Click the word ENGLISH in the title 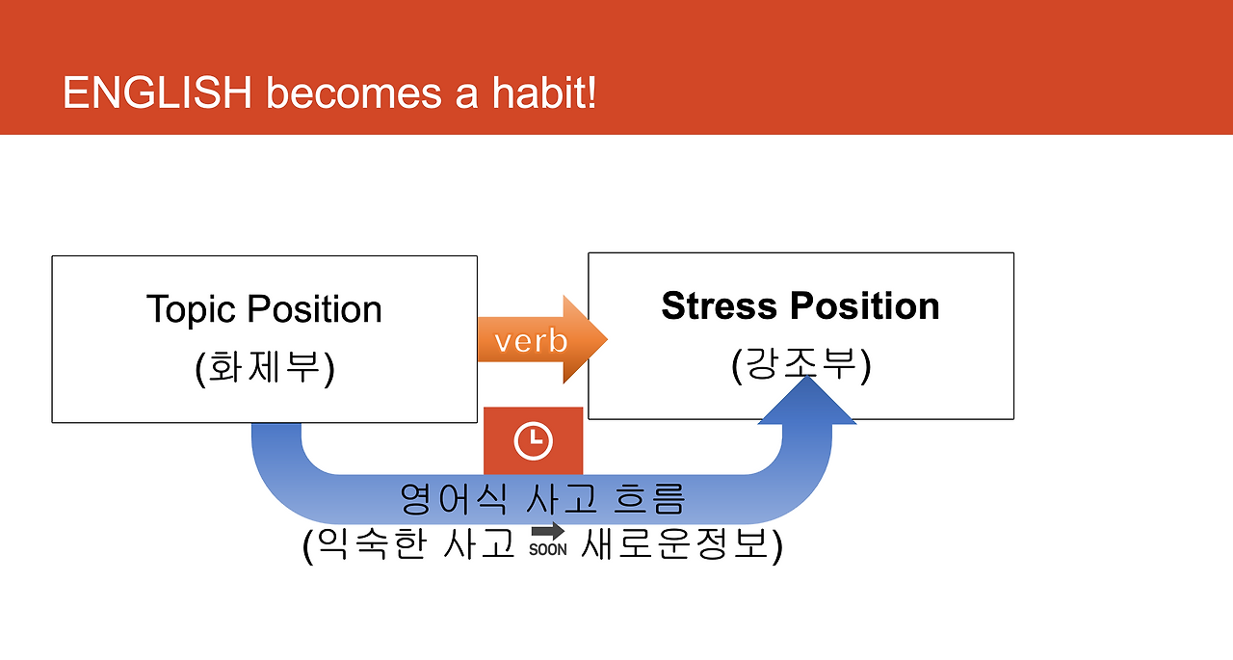[157, 92]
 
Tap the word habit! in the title [544, 92]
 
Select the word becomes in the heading [354, 92]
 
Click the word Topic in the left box [191, 310]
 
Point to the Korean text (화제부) [265, 368]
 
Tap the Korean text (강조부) [800, 364]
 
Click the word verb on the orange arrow [531, 341]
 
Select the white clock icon [533, 441]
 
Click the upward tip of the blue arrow [807, 376]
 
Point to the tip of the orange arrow [607, 339]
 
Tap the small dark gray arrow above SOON [548, 531]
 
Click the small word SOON [548, 549]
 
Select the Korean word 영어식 [453, 499]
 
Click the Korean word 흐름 [649, 499]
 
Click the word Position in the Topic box [314, 309]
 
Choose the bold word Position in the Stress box [865, 306]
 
